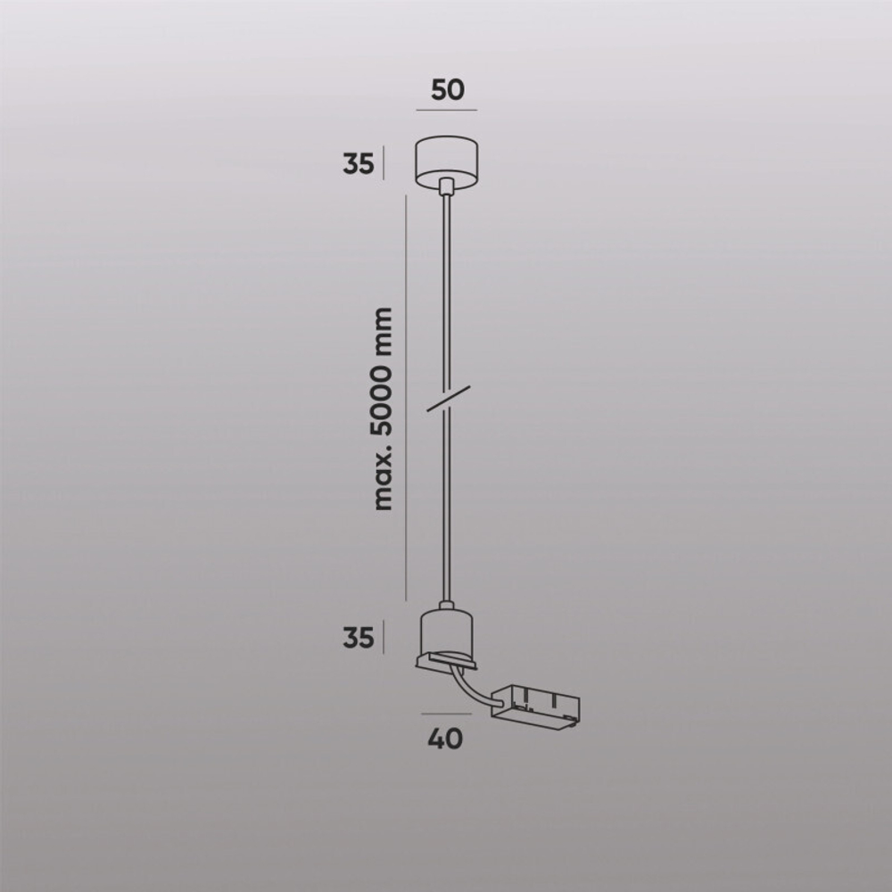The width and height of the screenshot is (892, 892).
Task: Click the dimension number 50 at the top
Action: (x=448, y=89)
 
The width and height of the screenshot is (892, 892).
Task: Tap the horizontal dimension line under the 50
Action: (x=446, y=110)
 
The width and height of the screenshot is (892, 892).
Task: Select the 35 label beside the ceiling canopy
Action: (x=358, y=164)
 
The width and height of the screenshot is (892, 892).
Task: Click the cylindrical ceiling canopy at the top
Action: (x=446, y=160)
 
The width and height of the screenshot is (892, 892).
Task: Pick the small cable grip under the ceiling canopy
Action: (x=446, y=186)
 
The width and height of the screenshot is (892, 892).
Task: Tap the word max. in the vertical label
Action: (x=384, y=482)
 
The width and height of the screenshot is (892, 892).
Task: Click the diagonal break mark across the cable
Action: (x=449, y=398)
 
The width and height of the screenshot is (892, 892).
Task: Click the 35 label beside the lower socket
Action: (x=358, y=637)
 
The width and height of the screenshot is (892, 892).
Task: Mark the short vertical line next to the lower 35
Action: (x=384, y=637)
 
